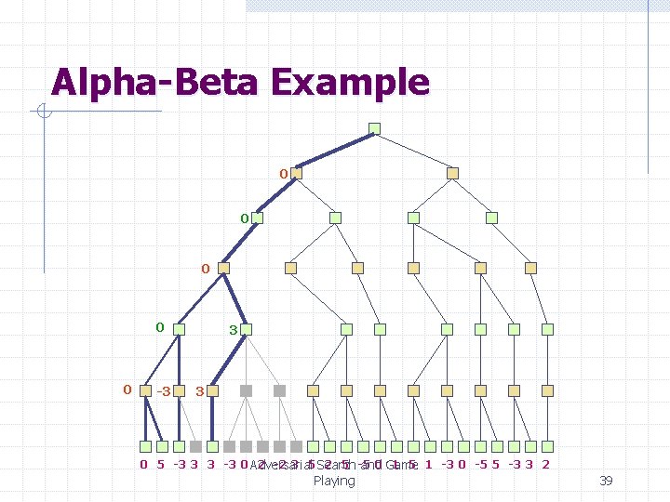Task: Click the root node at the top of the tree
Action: [374, 128]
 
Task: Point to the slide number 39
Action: [605, 481]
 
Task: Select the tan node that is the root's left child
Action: [297, 173]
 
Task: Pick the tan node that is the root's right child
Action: [452, 173]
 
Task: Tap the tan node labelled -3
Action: [146, 390]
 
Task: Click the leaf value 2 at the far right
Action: [545, 465]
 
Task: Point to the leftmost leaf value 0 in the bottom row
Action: [143, 465]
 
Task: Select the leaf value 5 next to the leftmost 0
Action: [161, 465]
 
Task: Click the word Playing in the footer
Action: [334, 481]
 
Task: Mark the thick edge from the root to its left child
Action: [335, 151]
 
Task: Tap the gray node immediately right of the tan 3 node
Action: [247, 390]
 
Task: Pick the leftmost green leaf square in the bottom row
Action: [146, 447]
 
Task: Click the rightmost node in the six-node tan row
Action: [530, 268]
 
